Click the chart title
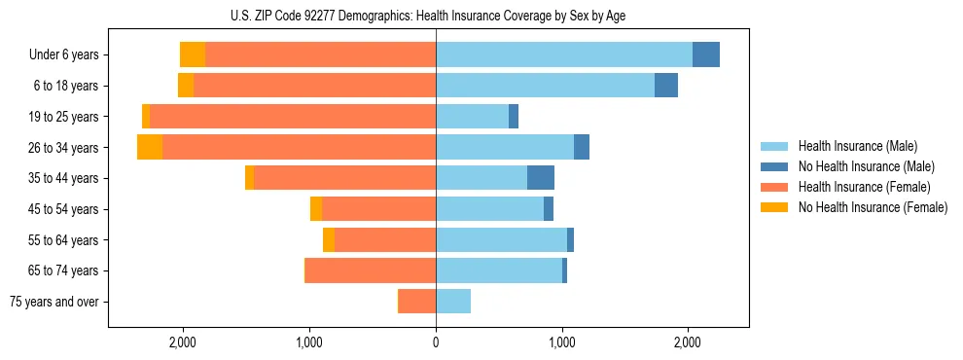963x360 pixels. (436, 15)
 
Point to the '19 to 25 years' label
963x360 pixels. (63, 117)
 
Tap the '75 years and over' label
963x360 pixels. (54, 302)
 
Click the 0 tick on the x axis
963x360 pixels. (436, 342)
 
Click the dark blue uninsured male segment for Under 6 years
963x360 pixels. (706, 54)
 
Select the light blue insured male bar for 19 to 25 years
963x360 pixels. (472, 117)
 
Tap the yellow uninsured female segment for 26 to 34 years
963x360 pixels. (150, 147)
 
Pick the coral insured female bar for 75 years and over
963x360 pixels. (417, 302)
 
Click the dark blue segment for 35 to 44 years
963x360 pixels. (541, 178)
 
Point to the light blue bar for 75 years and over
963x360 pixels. (453, 302)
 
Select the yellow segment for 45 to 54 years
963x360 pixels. (316, 209)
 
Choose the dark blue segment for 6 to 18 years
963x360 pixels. (666, 86)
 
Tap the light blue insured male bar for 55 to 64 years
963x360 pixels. (501, 239)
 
